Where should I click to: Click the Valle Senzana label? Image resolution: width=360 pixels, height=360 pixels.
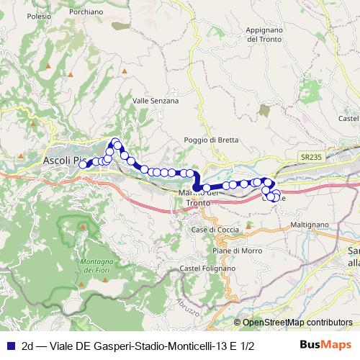pyautogui.click(x=156, y=101)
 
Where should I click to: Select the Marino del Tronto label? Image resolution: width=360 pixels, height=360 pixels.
pyautogui.click(x=199, y=198)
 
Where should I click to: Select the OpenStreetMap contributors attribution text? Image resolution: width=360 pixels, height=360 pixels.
pyautogui.click(x=297, y=323)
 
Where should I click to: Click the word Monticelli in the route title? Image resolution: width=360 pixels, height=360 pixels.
pyautogui.click(x=191, y=346)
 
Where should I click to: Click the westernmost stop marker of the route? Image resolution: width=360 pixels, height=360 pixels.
pyautogui.click(x=83, y=165)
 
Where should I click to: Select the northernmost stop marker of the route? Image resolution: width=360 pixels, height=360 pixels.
pyautogui.click(x=115, y=142)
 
